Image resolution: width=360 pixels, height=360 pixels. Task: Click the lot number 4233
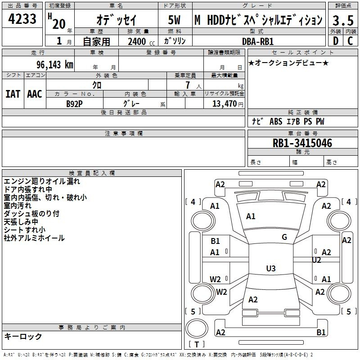coord(22,18)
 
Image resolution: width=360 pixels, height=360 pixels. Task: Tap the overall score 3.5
coord(343,20)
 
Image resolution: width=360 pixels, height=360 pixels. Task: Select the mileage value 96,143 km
coord(55,65)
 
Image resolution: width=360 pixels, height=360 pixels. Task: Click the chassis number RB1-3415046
coord(302,143)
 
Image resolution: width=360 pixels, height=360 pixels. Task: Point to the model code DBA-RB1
coord(258,41)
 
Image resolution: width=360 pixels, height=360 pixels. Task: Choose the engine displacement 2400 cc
coord(141,41)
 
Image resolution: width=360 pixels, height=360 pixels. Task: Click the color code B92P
coord(74,104)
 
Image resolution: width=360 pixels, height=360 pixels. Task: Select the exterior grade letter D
coord(336,41)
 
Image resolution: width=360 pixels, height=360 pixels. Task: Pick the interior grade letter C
coord(350,41)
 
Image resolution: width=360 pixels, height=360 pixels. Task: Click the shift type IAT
coord(13,94)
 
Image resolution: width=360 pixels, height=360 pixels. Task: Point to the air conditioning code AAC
coord(35,94)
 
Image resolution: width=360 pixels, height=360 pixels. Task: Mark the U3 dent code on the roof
coord(271,268)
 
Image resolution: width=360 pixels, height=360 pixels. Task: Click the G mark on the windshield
coord(284,237)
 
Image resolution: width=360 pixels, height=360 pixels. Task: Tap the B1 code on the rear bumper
coord(321,332)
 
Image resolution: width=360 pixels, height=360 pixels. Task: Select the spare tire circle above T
coord(197,328)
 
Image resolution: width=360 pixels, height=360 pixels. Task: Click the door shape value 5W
coord(174,20)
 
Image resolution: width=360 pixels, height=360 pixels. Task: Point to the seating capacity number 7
coord(188,85)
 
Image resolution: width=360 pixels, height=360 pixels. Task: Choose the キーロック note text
coord(23,336)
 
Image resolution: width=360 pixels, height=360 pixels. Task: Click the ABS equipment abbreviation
coord(276,121)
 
